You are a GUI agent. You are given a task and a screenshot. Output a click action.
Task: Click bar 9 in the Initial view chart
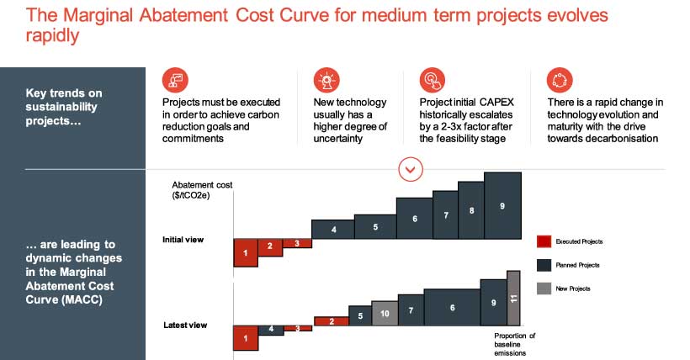[502, 206]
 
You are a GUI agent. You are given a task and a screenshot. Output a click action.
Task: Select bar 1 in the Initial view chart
[245, 253]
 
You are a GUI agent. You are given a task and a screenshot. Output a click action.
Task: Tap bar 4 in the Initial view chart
[333, 229]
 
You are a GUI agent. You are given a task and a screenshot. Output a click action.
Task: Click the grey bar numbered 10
[385, 313]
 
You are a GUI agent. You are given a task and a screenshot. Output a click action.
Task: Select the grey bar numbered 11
[513, 298]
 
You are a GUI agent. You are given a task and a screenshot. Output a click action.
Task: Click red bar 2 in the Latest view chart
[332, 320]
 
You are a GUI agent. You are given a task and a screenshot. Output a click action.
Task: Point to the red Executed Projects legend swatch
[544, 241]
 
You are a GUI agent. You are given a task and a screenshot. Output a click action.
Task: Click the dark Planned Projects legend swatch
[544, 265]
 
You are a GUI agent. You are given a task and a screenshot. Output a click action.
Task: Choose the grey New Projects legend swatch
[544, 289]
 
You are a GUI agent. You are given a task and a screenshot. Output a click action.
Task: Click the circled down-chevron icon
[410, 169]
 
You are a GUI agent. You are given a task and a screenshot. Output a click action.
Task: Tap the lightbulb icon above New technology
[326, 80]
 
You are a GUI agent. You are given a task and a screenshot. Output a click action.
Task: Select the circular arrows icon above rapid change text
[559, 80]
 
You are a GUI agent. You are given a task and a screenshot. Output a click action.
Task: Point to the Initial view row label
[183, 240]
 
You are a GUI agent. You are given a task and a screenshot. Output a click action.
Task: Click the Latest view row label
[184, 325]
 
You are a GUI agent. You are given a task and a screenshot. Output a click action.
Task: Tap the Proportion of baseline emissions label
[514, 344]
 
